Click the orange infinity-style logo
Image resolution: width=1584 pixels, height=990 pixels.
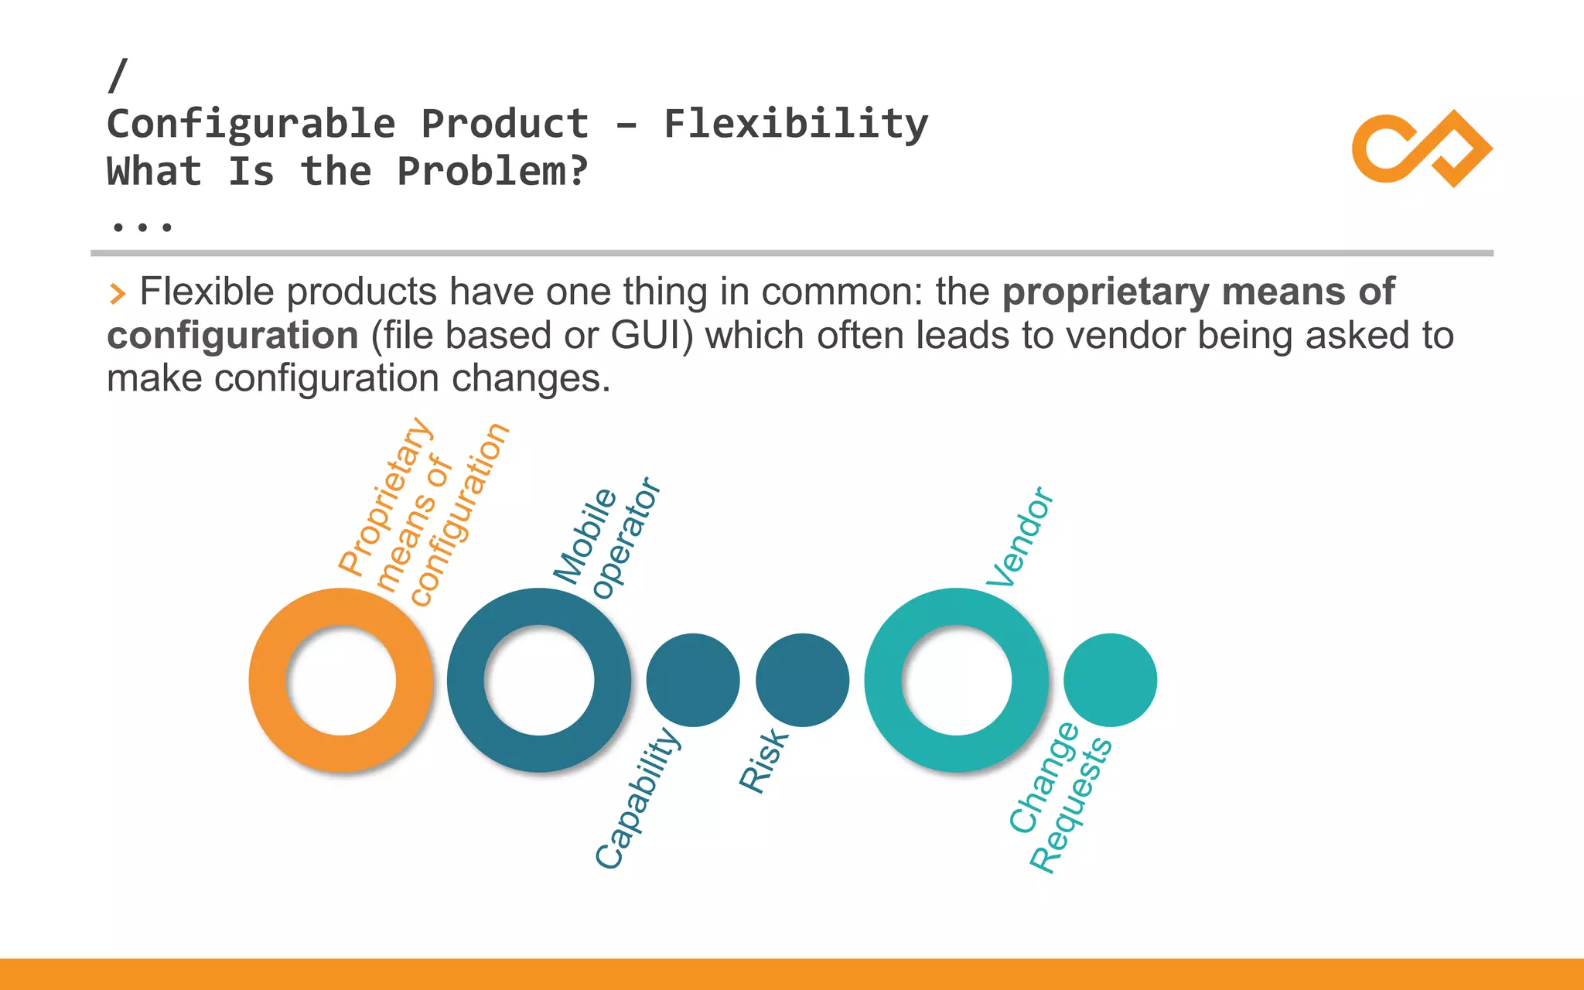coord(1422,148)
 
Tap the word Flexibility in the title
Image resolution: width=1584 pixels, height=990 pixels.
coord(796,125)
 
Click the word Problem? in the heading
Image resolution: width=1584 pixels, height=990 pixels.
coord(493,171)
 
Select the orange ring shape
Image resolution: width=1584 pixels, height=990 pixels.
coord(267,681)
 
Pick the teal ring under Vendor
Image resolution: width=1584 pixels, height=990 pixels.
coord(882,681)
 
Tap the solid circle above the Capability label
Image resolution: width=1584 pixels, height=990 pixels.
coord(693,680)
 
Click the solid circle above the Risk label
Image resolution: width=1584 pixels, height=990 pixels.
coord(802,680)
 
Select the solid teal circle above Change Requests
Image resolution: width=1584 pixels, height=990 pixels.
coord(1110,680)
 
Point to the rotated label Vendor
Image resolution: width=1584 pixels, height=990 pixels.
coord(1019,537)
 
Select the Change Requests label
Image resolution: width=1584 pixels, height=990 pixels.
coord(1060,797)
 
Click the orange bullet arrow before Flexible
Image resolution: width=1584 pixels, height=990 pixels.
coord(117,294)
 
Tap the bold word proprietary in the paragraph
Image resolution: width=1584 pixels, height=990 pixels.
coord(1105,292)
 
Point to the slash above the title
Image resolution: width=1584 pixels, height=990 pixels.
coord(118,75)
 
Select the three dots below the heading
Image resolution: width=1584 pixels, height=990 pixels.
coord(142,227)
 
